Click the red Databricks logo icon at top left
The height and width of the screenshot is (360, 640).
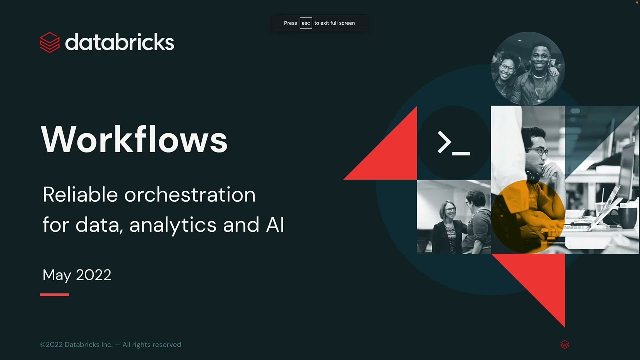[50, 42]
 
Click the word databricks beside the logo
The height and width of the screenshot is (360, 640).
[120, 42]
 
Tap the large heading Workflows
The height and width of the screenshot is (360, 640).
[134, 139]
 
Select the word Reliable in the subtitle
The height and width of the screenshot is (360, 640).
[79, 194]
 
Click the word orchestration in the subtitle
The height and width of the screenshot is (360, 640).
[190, 194]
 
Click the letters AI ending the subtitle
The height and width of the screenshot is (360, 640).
[275, 225]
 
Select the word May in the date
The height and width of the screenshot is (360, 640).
[56, 275]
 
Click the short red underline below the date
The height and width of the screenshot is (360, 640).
[54, 295]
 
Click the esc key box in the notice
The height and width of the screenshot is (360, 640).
[306, 23]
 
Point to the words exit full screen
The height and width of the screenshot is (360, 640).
[337, 23]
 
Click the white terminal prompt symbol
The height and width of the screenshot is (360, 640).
[453, 143]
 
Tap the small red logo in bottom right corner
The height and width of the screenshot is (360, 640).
[565, 344]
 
